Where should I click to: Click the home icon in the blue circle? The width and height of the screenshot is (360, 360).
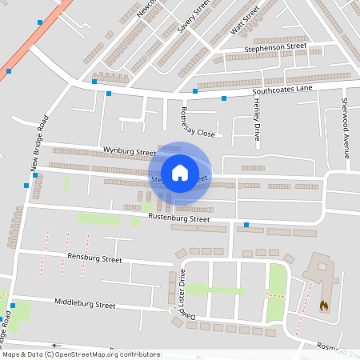point(180,172)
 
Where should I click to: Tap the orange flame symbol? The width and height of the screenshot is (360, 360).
point(323,306)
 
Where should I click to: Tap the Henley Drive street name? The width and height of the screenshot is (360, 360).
point(257,118)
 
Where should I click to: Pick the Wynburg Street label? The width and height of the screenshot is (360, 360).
point(129,151)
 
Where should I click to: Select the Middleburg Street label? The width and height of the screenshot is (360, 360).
point(85,304)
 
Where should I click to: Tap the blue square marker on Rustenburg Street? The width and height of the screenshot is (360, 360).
point(246,224)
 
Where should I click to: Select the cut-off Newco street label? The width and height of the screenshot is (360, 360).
point(146,8)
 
